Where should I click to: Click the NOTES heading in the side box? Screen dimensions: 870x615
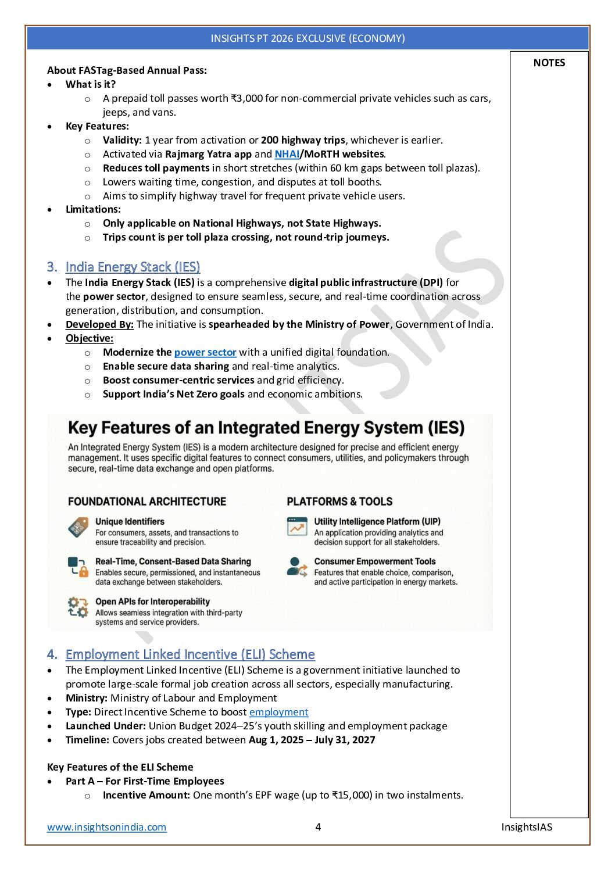pos(549,63)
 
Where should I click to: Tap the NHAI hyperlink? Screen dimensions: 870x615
pos(287,154)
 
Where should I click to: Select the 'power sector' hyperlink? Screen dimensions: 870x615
pos(205,352)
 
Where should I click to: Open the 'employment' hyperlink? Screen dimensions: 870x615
pos(278,712)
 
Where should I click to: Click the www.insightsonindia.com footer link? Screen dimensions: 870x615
pos(107,827)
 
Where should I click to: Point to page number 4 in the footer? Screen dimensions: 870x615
pos(318,827)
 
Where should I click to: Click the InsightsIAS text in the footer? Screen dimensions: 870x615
pos(527,827)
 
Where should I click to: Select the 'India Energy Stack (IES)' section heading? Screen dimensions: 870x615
pos(133,267)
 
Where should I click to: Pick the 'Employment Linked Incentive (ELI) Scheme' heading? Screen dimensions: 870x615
pos(190,654)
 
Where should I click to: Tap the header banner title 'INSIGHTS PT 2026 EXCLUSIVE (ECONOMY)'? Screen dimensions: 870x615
pos(307,38)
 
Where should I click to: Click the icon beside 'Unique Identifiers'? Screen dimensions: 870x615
pos(78,528)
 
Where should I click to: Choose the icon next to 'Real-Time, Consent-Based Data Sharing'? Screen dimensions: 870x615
pos(78,567)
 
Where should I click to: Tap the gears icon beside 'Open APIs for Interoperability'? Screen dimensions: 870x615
pos(78,607)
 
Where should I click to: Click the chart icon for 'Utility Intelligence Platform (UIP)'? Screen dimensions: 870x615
pos(297,527)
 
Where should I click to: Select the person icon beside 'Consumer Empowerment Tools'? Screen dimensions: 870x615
pos(297,567)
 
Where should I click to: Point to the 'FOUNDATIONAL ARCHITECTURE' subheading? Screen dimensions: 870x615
pos(147,502)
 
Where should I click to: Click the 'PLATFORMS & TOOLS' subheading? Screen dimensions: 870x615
pos(339,502)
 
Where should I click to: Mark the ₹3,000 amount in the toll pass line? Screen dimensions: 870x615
pos(246,98)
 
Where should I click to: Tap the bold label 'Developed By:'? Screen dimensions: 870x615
pos(99,324)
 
